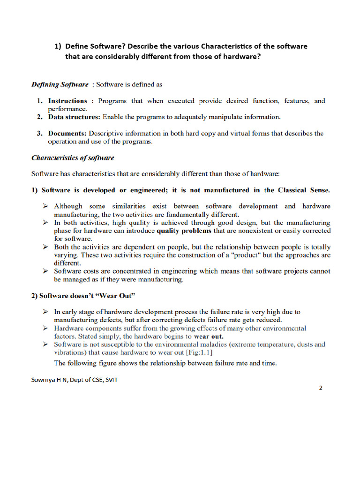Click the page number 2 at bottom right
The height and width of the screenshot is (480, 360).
coord(321,388)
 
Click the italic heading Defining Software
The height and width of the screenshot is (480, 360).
coord(60,84)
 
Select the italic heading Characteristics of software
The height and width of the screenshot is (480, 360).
coord(72,158)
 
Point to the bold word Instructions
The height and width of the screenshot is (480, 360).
coord(67,101)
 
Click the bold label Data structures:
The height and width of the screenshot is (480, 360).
coord(74,117)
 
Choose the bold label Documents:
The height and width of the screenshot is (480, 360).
coord(67,133)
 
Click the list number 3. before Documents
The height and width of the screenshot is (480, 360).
coord(40,133)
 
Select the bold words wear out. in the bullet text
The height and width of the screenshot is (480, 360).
coord(209,337)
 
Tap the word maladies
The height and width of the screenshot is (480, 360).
coord(209,345)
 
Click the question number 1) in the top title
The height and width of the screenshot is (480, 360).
coord(58,46)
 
